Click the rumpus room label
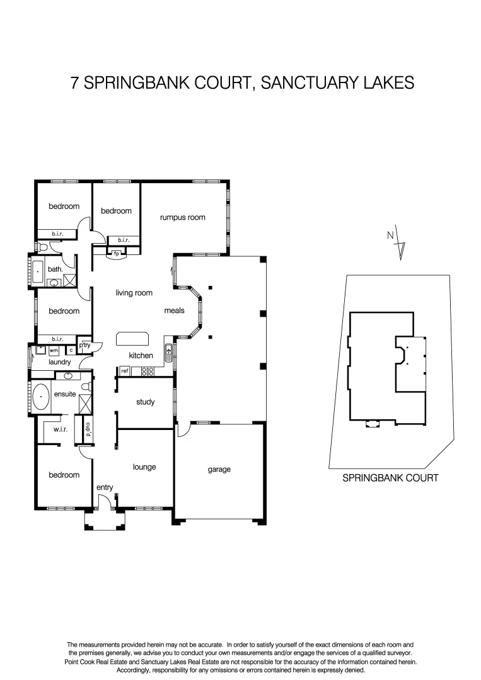pos(183,218)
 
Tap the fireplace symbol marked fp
pos(117,254)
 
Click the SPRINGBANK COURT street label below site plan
pos(390,478)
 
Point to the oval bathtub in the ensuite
pos(42,397)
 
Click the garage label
pos(219,469)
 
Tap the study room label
pos(145,402)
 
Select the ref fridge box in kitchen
pos(124,371)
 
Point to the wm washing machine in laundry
pos(54,350)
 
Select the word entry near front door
pos(105,488)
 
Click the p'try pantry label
pos(85,345)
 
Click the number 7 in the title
pos(76,82)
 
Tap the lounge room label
pos(144,467)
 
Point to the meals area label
pos(174,311)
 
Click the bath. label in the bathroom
pos(55,269)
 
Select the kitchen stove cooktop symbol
pos(148,371)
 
